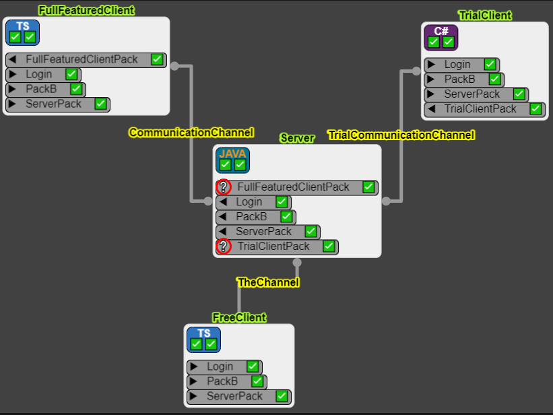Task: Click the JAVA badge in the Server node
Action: coord(233,160)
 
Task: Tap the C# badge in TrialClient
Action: coord(441,38)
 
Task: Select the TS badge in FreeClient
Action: coord(204,340)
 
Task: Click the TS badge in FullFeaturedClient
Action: coord(23,32)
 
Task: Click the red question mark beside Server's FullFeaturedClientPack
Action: coord(224,187)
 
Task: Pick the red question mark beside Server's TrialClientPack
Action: coord(224,246)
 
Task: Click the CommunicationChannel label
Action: coord(191,132)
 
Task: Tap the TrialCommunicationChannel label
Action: coord(401,135)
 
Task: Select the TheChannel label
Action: coord(268,282)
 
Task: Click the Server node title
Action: coord(297,138)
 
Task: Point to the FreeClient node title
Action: coord(240,317)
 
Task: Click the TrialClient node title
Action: coord(485,15)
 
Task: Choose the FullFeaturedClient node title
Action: coord(86,10)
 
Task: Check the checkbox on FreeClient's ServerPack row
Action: coord(282,396)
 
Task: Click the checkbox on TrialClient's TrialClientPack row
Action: coord(535,108)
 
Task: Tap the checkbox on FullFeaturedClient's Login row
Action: coord(71,74)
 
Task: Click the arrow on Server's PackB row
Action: coord(222,216)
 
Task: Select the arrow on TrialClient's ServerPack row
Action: coord(430,94)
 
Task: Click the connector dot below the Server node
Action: coord(297,262)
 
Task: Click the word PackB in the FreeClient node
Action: coord(222,381)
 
